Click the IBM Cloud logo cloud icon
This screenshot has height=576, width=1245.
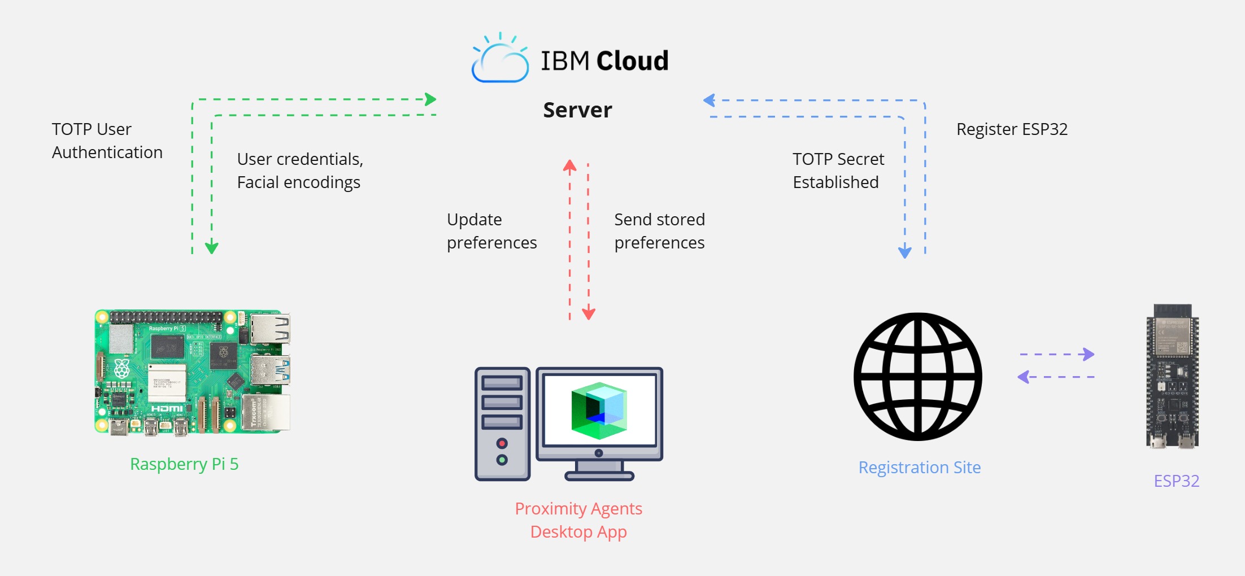tap(500, 61)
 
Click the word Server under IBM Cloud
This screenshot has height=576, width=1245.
tap(577, 110)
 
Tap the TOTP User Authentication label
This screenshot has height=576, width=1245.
tap(107, 141)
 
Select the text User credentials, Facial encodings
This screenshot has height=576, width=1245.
tap(299, 171)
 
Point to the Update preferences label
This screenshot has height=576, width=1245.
tap(491, 231)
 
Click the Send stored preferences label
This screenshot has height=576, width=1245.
tap(659, 231)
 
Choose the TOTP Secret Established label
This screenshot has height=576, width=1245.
tap(838, 171)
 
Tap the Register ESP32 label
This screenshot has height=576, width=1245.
tap(1012, 129)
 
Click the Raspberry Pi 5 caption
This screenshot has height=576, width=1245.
tap(184, 464)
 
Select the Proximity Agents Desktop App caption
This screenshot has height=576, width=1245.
tap(578, 520)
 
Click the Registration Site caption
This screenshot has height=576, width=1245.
tap(919, 468)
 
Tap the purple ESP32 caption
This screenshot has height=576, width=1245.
tap(1176, 481)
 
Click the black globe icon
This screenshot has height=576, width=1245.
tap(918, 377)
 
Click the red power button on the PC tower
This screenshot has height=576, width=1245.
tap(502, 443)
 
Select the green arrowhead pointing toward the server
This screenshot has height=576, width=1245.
tap(430, 99)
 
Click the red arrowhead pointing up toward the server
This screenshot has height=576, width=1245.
tap(569, 165)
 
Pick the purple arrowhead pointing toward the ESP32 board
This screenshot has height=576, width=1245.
tap(1087, 355)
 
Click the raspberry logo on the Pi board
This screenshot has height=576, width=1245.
tap(122, 368)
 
